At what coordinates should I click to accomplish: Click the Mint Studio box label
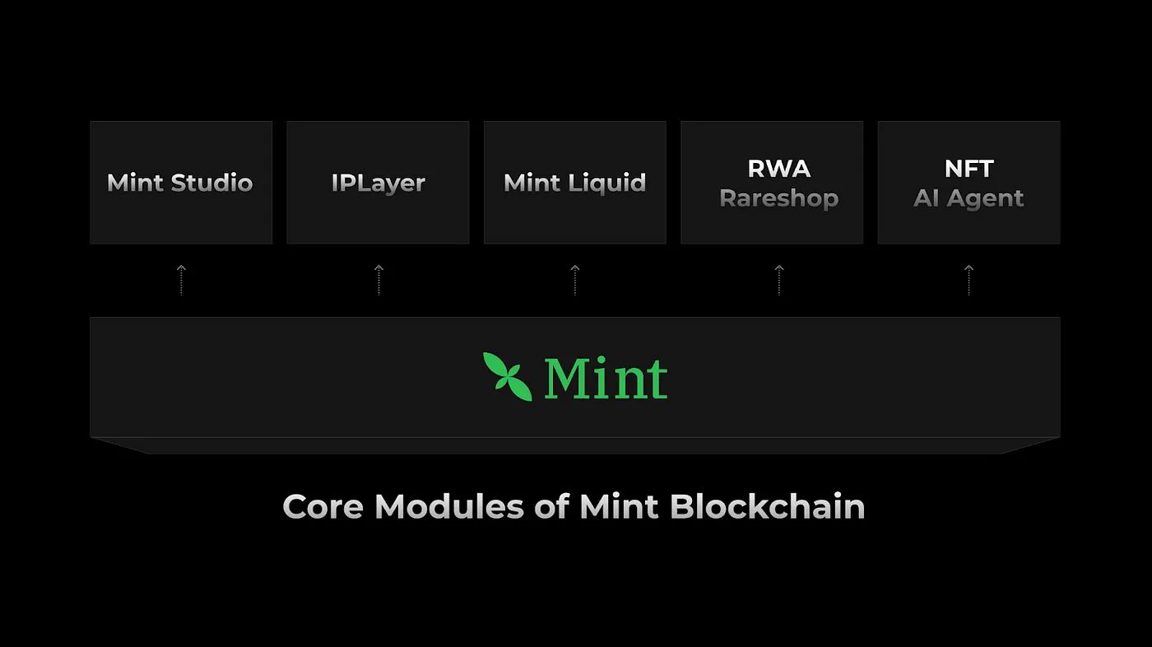[179, 183]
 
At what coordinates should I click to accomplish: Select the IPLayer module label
[378, 183]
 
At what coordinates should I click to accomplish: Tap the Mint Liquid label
[574, 183]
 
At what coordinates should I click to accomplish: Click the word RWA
[778, 169]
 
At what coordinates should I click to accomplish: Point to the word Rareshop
[778, 198]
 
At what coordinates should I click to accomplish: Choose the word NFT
[969, 169]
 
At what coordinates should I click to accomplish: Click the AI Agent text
[969, 198]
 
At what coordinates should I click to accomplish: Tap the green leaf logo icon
[507, 376]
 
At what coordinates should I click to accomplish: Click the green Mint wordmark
[605, 378]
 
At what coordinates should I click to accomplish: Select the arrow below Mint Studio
[181, 279]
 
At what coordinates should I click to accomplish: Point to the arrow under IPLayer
[379, 279]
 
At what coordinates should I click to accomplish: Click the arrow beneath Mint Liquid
[575, 279]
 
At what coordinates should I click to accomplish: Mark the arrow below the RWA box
[779, 279]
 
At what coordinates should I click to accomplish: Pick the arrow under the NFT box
[969, 279]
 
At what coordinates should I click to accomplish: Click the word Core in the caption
[323, 506]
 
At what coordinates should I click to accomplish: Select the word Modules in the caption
[448, 506]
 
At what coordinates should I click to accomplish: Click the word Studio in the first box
[215, 183]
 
